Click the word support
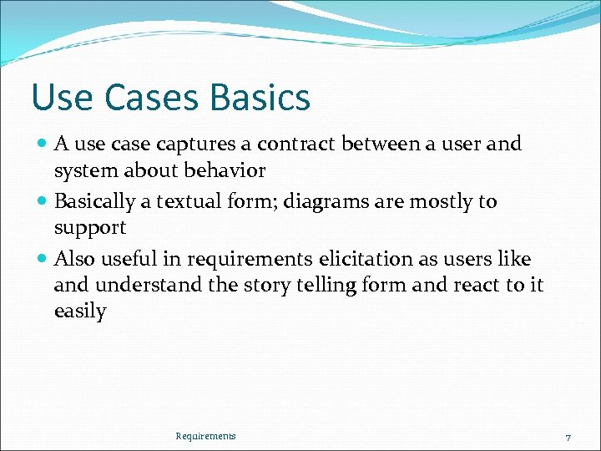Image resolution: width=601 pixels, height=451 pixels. (x=89, y=228)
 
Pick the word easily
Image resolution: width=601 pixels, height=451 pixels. (x=80, y=312)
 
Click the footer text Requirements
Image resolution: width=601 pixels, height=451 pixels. (x=205, y=436)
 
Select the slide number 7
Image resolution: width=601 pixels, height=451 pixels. (x=568, y=438)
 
